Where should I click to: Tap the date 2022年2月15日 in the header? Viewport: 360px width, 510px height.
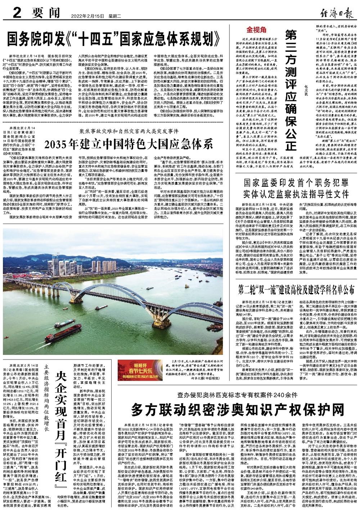point(83,15)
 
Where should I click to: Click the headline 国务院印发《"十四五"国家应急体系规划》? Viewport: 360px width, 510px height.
point(114,37)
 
